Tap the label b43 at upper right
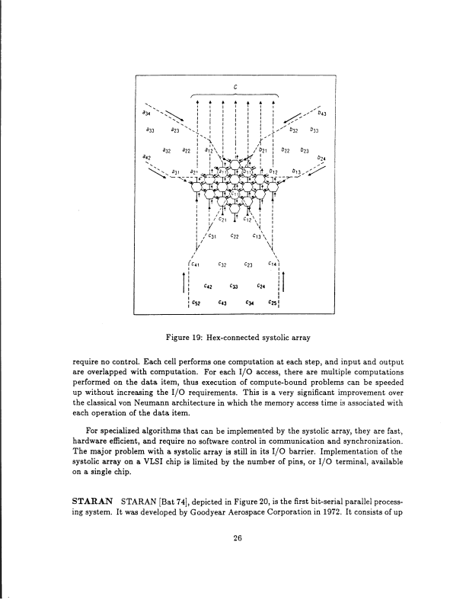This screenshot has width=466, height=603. click(x=322, y=114)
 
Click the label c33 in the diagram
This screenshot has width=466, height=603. click(x=234, y=287)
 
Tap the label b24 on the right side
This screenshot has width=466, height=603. click(x=322, y=159)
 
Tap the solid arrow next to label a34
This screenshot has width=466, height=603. click(x=163, y=116)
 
